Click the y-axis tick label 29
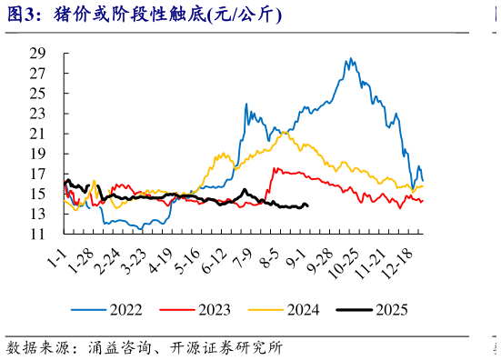click(38, 53)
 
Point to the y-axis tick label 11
click(38, 235)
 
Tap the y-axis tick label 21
click(38, 134)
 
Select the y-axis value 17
click(38, 174)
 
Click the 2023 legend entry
click(201, 310)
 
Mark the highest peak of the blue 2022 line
click(351, 59)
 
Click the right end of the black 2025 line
click(307, 205)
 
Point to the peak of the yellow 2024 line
click(285, 132)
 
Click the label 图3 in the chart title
click(22, 15)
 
